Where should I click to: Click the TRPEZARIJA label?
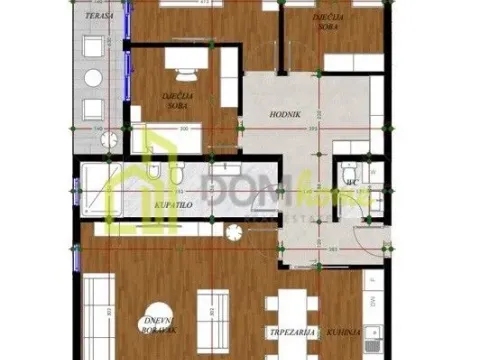pos(291,330)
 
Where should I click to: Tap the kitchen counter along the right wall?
pos(372,300)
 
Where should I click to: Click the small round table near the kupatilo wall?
pos(233,233)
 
